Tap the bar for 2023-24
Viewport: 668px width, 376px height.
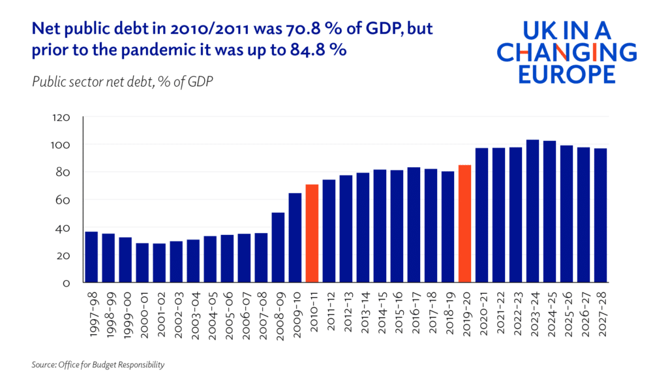[532, 211]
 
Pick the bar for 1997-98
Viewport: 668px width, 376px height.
[91, 257]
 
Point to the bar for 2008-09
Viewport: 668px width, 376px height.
[278, 247]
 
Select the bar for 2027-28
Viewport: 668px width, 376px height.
[600, 215]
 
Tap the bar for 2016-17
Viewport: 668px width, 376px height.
[414, 225]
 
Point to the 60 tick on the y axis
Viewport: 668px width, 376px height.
[63, 200]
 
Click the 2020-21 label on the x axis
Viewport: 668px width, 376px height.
[482, 313]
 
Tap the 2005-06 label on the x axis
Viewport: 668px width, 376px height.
[228, 313]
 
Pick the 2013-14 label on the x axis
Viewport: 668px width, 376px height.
[363, 313]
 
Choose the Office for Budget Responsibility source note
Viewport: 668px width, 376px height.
[98, 364]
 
